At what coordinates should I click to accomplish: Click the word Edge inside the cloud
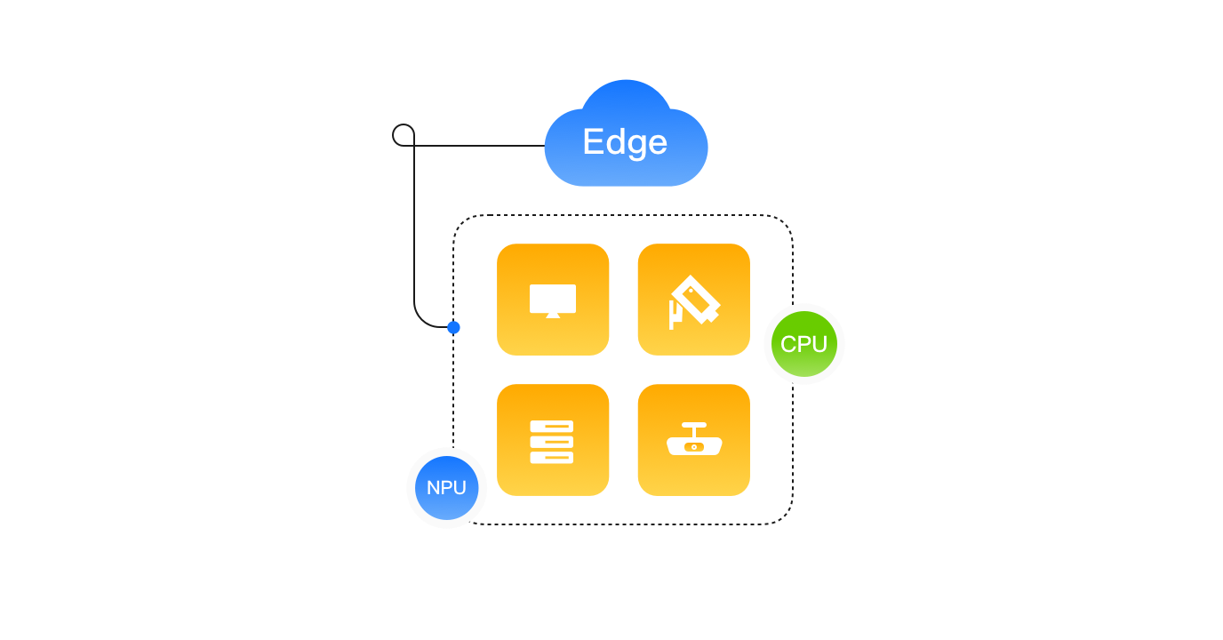625,142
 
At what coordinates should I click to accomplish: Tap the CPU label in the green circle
803,344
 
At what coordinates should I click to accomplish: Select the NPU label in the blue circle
446,488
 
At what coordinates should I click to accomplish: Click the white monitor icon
553,300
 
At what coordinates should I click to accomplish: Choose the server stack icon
552,442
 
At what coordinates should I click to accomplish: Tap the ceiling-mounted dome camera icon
694,440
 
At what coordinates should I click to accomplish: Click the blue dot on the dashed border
454,327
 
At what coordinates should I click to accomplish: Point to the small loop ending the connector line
404,135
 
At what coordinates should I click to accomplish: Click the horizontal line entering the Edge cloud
480,146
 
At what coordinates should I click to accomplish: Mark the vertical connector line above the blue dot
414,231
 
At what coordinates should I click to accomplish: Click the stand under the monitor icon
553,315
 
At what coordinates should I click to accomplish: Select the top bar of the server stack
552,427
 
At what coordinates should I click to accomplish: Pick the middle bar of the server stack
552,442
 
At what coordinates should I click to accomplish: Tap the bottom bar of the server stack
552,457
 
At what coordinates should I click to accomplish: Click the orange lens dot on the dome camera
694,446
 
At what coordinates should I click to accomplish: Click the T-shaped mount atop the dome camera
694,428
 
